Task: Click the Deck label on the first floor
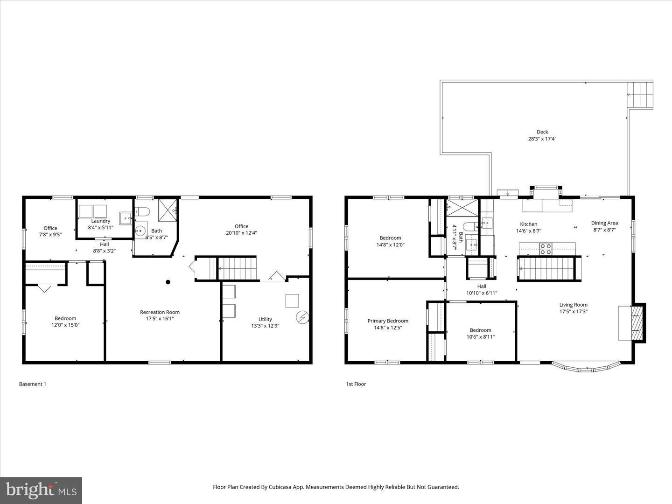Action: click(x=542, y=132)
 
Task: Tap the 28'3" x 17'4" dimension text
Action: click(x=542, y=139)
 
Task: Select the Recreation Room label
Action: click(x=160, y=312)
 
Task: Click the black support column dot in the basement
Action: click(x=168, y=282)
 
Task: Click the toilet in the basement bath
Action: click(x=142, y=212)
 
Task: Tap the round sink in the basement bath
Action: click(x=140, y=230)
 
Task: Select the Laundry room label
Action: click(x=100, y=221)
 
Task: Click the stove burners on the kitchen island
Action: click(x=546, y=249)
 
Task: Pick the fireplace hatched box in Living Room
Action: click(x=636, y=322)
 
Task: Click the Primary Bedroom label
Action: click(x=388, y=321)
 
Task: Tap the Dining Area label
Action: click(x=604, y=223)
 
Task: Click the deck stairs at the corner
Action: click(x=640, y=95)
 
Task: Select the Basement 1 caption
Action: click(x=33, y=384)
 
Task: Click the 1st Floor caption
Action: click(x=356, y=384)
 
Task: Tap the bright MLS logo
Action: click(x=41, y=490)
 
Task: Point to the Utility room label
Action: click(x=265, y=319)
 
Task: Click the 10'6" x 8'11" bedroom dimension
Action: click(x=480, y=336)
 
